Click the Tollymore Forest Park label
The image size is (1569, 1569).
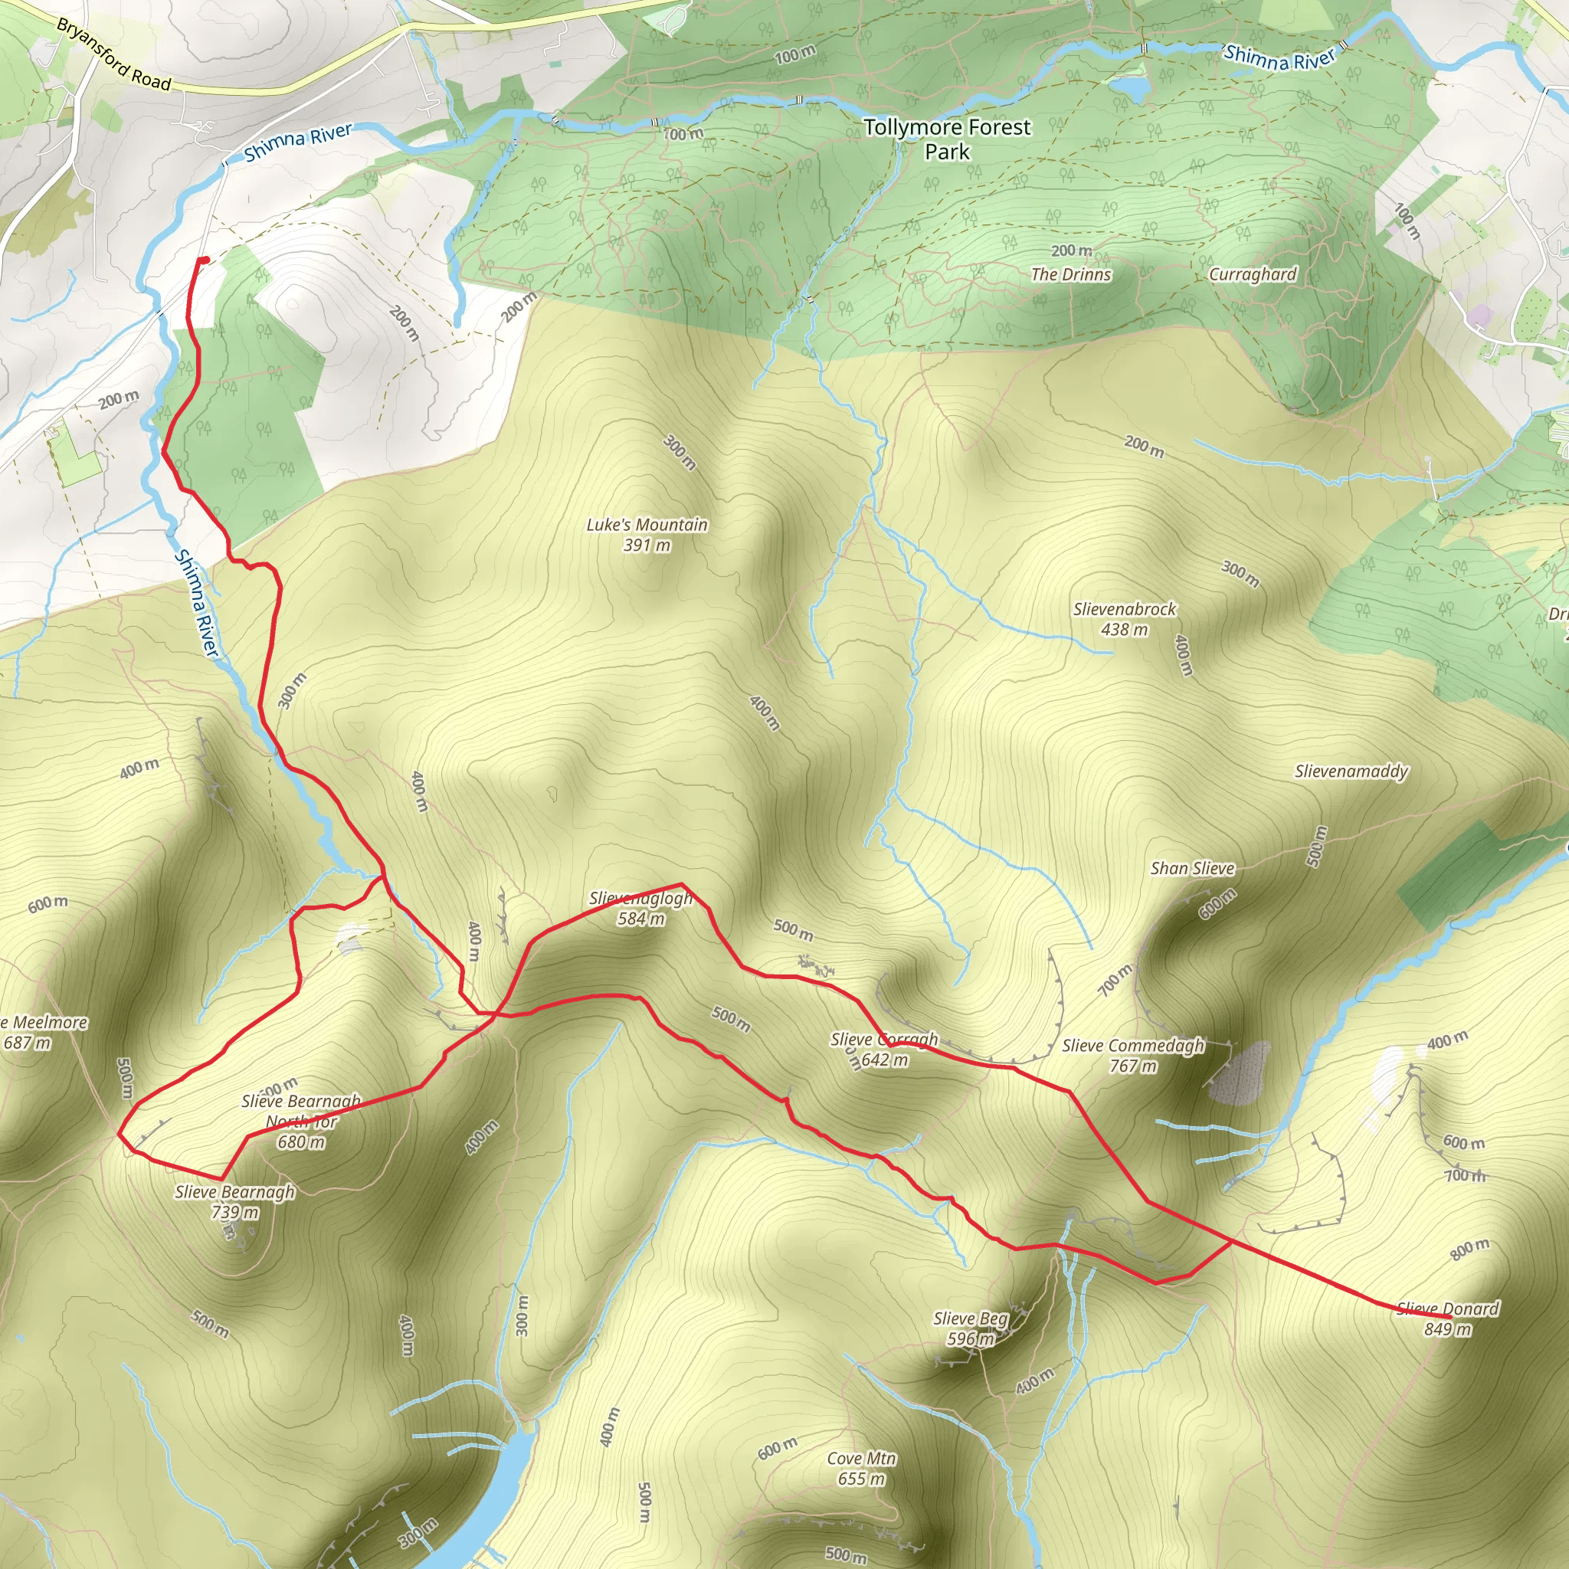(947, 139)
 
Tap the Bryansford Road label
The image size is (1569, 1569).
(113, 54)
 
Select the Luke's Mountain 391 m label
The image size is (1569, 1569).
(647, 535)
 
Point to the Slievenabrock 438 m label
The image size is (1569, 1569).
(1124, 619)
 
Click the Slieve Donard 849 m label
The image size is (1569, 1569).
(1448, 1319)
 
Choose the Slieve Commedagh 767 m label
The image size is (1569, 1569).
(1133, 1056)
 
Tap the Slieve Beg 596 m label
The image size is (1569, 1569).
(971, 1328)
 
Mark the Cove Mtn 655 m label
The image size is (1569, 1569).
(861, 1469)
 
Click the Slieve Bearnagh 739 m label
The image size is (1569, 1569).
(234, 1202)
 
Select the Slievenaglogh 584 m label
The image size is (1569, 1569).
(640, 908)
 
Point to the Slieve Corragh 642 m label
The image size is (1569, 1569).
(884, 1050)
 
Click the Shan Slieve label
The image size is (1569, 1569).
(1192, 868)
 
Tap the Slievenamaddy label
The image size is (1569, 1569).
(1351, 771)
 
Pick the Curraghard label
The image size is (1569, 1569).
(1253, 274)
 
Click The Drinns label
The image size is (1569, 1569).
(1070, 274)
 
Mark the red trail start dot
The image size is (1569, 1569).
(204, 260)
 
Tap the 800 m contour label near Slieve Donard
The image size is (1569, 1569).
(1470, 1250)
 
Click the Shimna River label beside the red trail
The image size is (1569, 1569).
(198, 603)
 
